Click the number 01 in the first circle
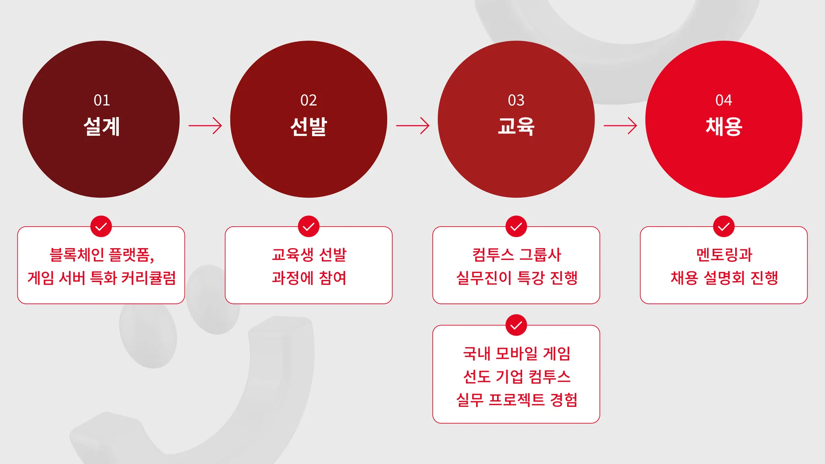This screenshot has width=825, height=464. click(x=102, y=100)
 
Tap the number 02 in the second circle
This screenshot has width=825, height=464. click(x=309, y=100)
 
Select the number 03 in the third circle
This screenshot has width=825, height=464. click(x=516, y=100)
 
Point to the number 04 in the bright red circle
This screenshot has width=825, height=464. click(x=723, y=100)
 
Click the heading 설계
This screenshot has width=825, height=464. click(x=102, y=126)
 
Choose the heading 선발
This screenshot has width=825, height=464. click(x=309, y=126)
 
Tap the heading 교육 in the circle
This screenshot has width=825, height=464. click(x=516, y=126)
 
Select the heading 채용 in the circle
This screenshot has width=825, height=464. click(x=723, y=126)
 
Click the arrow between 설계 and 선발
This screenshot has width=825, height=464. click(x=205, y=126)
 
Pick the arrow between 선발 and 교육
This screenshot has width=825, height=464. click(x=412, y=126)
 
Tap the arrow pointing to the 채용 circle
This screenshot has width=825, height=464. click(x=620, y=126)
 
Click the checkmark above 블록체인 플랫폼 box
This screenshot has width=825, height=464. click(x=101, y=227)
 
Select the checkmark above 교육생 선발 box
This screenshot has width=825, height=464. click(x=309, y=227)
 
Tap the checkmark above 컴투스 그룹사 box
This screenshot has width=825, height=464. click(x=516, y=227)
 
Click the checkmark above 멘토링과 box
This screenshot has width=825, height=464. click(x=723, y=227)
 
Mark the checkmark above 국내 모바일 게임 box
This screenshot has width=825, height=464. click(x=516, y=325)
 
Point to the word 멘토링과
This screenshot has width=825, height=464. click(x=724, y=255)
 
